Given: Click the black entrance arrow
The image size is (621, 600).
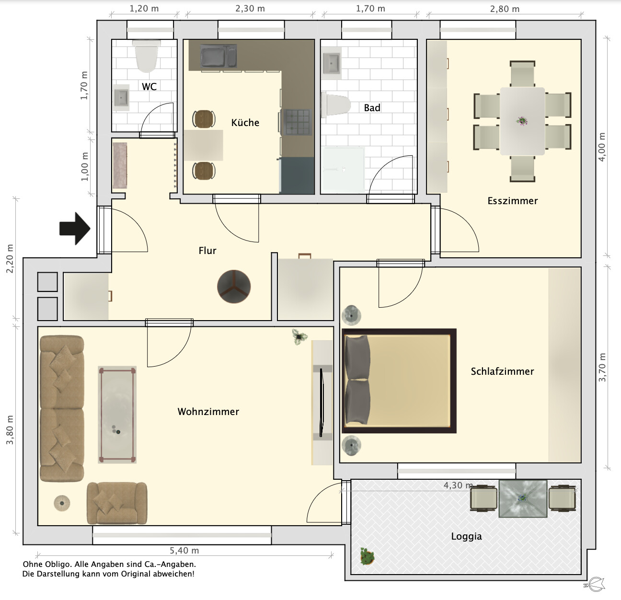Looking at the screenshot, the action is [75, 229].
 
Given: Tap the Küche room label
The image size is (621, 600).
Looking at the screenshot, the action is [245, 123].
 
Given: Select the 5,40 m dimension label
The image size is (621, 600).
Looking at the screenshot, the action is [184, 551].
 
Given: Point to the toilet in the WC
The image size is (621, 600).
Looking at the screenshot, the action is [147, 56].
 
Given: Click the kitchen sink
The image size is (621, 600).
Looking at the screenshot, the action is [218, 56].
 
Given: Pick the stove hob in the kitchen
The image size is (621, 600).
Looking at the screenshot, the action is [297, 122].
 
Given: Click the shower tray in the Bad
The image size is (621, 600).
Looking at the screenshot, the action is [344, 170].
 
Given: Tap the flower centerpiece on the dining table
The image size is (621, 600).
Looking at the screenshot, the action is [522, 121].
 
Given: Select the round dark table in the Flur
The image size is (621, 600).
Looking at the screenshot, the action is [234, 287].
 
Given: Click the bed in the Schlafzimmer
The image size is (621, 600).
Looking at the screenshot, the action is [399, 381].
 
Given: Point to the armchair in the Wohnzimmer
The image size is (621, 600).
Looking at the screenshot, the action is [117, 503].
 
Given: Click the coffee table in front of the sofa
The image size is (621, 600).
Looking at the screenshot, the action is [117, 415].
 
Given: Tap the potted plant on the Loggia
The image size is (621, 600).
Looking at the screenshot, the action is [367, 556].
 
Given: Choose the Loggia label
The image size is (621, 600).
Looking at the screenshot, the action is [466, 536].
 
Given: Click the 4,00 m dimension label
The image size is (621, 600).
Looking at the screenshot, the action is [601, 147].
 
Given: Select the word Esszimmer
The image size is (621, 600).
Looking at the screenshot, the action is [513, 201].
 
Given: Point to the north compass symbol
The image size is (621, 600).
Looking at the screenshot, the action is [594, 585].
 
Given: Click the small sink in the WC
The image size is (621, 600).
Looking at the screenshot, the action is [121, 98].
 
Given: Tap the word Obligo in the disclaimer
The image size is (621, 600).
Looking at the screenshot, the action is [57, 564].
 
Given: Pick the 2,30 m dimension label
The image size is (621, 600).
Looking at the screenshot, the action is [250, 9].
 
